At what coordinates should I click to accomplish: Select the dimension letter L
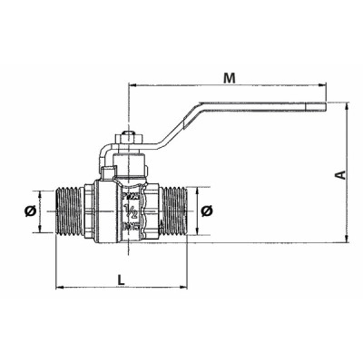[122, 279]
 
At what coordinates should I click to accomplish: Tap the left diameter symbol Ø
[31, 211]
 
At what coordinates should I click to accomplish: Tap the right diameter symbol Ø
[207, 211]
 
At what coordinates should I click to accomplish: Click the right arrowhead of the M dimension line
[323, 88]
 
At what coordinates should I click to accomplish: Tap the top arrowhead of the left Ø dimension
[41, 192]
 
